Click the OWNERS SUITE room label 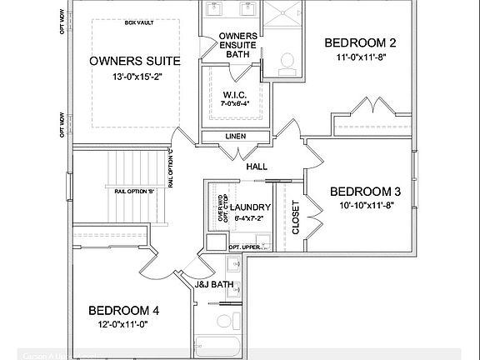[134, 61]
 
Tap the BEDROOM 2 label [359, 42]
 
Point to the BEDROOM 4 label [124, 311]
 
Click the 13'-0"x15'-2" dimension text [134, 77]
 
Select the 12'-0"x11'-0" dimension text [124, 324]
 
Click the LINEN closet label [235, 136]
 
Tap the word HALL [257, 167]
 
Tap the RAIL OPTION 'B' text [134, 192]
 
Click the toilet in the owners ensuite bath [286, 61]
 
